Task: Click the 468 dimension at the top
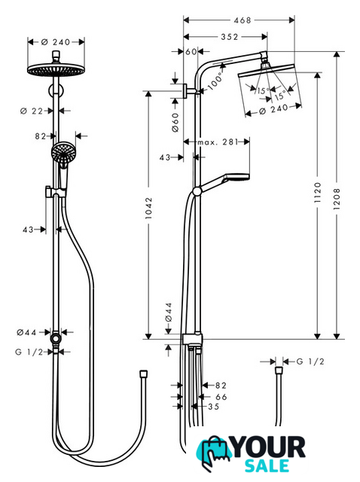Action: (x=243, y=20)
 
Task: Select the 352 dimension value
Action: (x=230, y=37)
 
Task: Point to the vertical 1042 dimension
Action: (x=149, y=208)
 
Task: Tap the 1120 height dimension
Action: (x=318, y=193)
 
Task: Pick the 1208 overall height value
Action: (x=337, y=199)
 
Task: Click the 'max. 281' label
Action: (x=218, y=142)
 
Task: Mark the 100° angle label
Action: (x=215, y=81)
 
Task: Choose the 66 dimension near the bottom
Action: (x=221, y=397)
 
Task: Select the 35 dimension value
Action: (x=214, y=407)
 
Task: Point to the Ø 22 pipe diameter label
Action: (x=32, y=111)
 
